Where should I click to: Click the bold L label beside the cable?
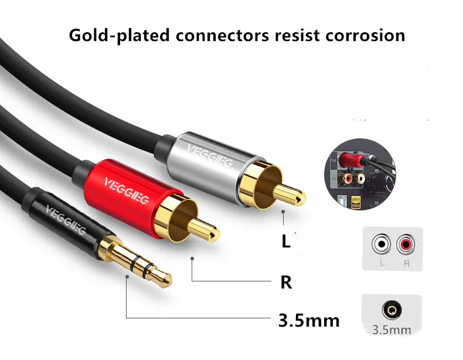coord(286,242)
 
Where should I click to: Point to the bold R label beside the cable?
coord(286,283)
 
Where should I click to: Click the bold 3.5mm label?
coord(309,321)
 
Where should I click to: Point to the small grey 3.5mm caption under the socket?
coord(392,330)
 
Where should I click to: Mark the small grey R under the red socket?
coord(406,263)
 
